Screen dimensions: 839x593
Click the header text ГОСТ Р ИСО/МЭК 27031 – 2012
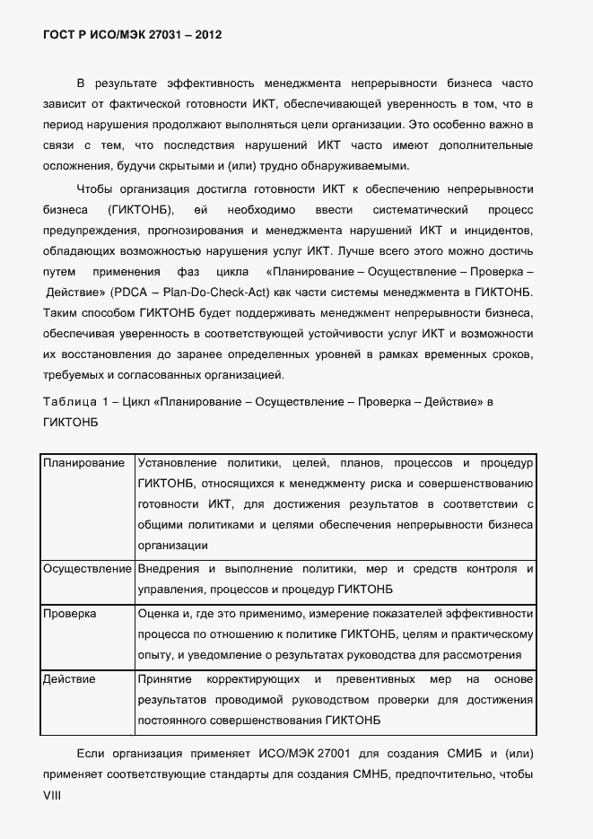(x=132, y=35)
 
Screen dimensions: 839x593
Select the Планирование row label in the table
(x=83, y=463)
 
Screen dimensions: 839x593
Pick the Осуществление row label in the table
(x=88, y=569)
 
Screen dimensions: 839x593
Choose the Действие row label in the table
(x=69, y=679)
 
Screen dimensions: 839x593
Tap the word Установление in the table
(x=178, y=463)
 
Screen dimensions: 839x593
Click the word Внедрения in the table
(x=168, y=569)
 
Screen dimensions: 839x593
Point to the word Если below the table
(x=92, y=751)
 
